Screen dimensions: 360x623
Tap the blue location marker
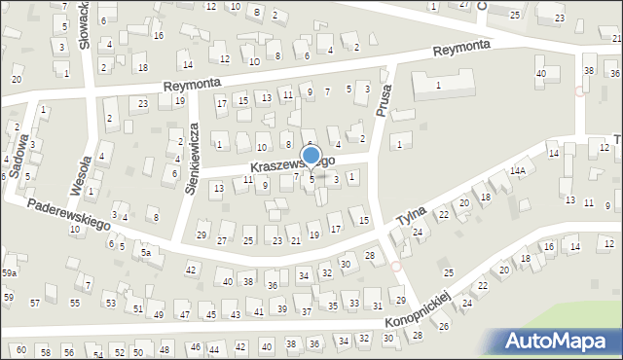click(311, 156)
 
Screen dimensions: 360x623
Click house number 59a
click(9, 273)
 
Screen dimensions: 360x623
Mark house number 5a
click(147, 252)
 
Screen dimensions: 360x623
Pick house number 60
click(19, 349)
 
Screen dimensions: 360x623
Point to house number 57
click(35, 304)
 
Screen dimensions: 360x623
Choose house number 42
click(191, 270)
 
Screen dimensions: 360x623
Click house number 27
click(223, 239)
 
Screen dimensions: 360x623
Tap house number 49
click(159, 314)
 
